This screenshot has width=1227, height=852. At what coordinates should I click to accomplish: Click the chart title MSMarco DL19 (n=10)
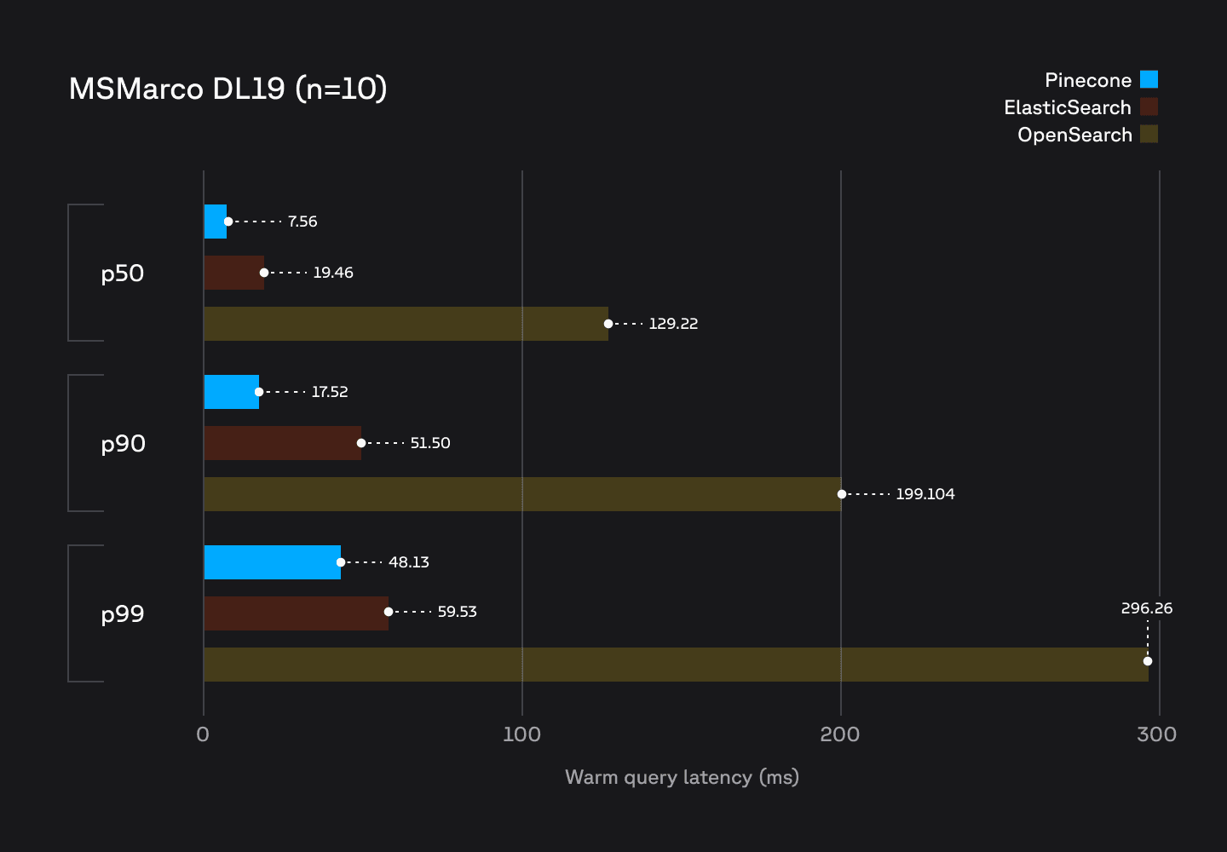[228, 89]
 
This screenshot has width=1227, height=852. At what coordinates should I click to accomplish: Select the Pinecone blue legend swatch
[1149, 79]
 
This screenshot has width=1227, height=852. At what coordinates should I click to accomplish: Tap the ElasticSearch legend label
[1067, 107]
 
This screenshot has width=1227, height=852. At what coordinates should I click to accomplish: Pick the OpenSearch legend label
[1074, 135]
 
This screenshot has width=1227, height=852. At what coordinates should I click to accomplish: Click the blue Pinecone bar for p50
[216, 222]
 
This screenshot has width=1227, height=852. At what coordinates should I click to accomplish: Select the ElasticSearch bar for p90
[282, 443]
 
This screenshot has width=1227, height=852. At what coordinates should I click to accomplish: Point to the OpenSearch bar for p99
[673, 665]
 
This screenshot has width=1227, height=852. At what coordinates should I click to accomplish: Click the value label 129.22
[673, 324]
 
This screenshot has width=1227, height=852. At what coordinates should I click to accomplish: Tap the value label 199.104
[925, 494]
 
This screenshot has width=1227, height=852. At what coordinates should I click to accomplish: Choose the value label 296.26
[1146, 608]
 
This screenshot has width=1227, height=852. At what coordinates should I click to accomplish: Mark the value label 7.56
[302, 222]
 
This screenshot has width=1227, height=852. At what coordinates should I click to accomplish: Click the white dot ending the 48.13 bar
[341, 562]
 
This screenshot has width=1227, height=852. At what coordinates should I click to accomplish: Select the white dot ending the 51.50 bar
[361, 443]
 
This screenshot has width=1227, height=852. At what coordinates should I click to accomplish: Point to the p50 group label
[123, 273]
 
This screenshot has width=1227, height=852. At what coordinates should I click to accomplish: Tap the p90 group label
[123, 444]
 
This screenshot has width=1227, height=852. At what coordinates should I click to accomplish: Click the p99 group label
[123, 614]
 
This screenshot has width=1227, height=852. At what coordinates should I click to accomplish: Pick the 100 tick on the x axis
[521, 734]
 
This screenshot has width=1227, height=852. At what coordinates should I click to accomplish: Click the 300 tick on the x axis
[1156, 734]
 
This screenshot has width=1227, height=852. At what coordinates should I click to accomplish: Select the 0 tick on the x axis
[203, 734]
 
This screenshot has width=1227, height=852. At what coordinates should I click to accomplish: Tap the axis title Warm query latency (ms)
[682, 777]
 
